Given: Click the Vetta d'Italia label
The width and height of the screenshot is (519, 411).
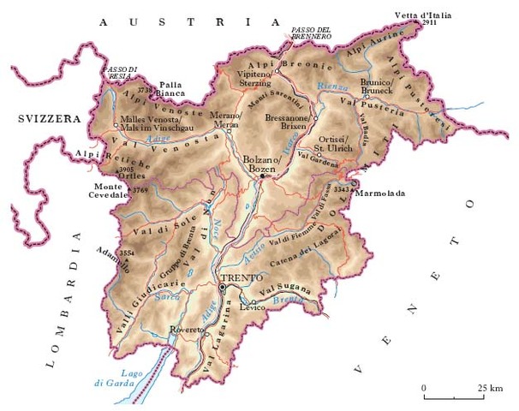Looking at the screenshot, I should click(x=422, y=15).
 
